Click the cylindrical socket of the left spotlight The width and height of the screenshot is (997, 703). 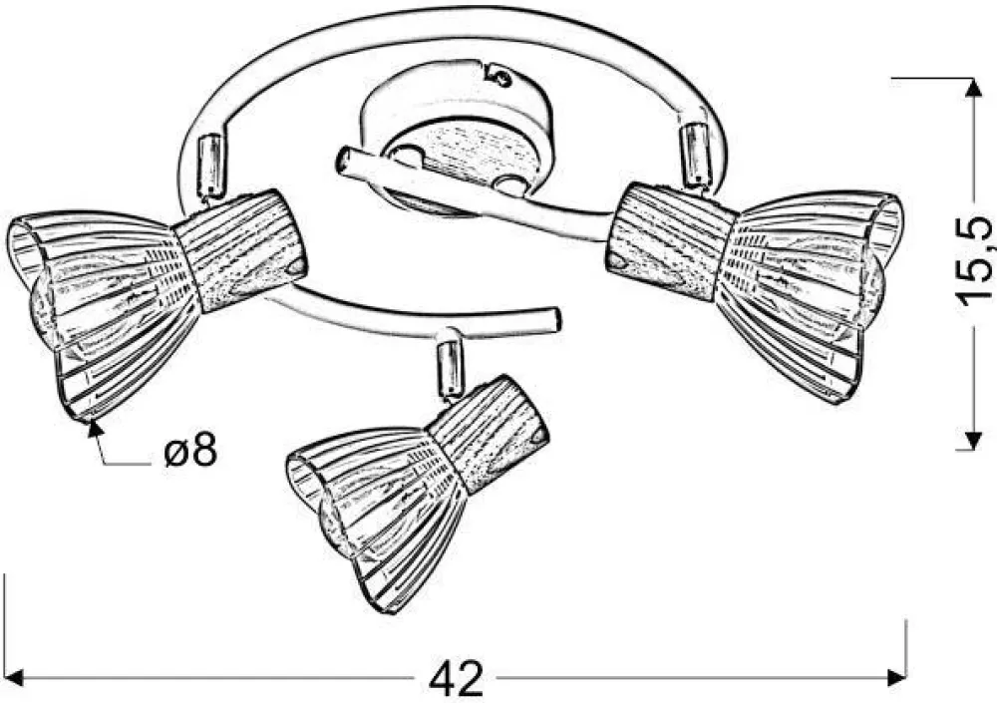(241, 251)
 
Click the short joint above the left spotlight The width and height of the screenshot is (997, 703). (210, 166)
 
